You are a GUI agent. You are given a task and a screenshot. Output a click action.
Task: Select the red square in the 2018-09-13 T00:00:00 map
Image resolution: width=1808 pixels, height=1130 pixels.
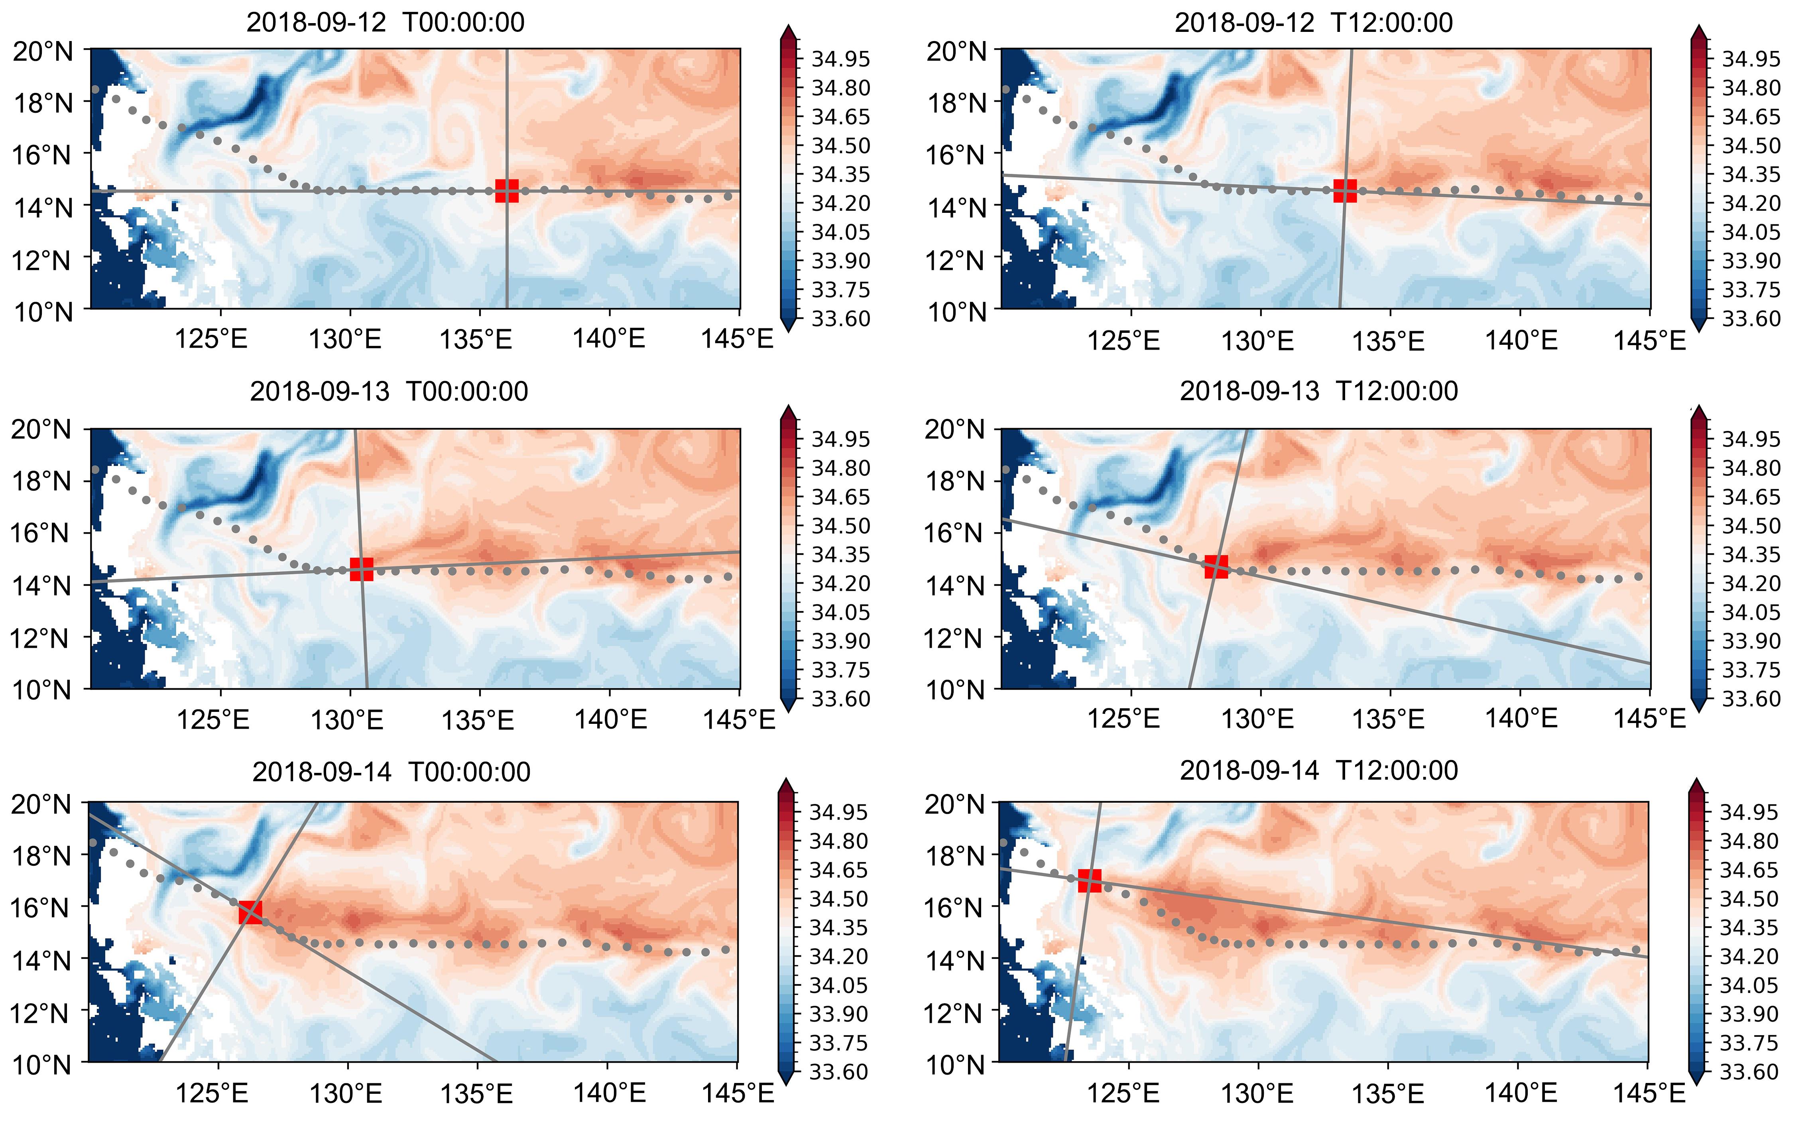click(362, 569)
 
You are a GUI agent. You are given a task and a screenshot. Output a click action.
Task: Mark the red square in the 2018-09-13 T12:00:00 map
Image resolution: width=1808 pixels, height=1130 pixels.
click(1216, 566)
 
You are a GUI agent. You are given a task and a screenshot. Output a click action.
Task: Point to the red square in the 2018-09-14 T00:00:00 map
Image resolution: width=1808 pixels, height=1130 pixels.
click(250, 912)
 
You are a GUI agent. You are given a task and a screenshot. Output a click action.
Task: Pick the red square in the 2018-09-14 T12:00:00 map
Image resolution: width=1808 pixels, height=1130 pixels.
click(1089, 880)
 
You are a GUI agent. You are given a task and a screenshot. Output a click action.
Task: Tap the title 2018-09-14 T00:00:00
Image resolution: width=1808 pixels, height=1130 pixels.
click(391, 771)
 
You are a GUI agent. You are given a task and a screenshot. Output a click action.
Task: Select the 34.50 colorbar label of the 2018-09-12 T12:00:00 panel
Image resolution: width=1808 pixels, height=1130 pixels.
click(1751, 145)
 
